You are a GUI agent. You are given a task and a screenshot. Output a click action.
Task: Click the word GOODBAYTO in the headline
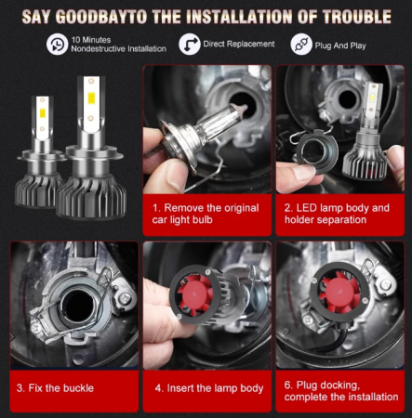pyautogui.click(x=101, y=17)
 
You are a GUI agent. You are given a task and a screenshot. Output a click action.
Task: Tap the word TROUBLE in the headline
pyautogui.click(x=356, y=17)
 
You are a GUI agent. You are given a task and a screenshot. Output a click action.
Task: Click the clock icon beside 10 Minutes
pyautogui.click(x=57, y=45)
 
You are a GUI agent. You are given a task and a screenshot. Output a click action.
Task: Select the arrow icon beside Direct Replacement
pyautogui.click(x=190, y=45)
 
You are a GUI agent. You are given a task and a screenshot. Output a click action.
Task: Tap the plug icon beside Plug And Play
pyautogui.click(x=301, y=45)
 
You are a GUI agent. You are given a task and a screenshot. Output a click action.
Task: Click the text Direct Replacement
pyautogui.click(x=239, y=44)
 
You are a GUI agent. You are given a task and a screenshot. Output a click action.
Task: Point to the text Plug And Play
pyautogui.click(x=340, y=46)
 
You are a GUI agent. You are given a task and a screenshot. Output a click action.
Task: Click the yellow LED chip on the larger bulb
pyautogui.click(x=91, y=98)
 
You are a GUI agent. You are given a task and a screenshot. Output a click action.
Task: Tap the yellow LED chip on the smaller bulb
pyautogui.click(x=43, y=113)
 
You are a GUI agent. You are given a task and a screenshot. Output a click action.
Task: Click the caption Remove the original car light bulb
pyautogui.click(x=206, y=214)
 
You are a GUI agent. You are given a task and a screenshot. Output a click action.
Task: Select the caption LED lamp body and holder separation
pyautogui.click(x=337, y=214)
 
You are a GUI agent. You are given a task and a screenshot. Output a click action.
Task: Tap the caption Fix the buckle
pyautogui.click(x=55, y=388)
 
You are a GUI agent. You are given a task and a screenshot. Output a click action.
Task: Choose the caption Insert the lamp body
pyautogui.click(x=209, y=388)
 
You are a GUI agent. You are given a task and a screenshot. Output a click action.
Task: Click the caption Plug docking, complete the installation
pyautogui.click(x=341, y=391)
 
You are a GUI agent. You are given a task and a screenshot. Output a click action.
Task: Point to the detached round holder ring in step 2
pyautogui.click(x=317, y=151)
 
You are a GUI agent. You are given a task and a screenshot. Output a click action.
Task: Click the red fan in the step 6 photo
pyautogui.click(x=340, y=293)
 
